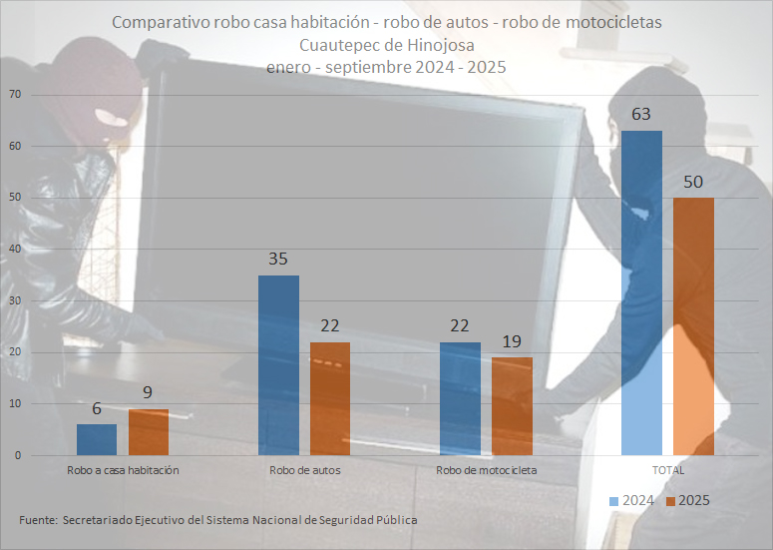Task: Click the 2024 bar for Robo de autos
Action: point(278,365)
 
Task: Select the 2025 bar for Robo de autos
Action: point(330,398)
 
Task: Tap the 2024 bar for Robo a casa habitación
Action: point(97,439)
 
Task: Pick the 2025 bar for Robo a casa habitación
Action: point(149,431)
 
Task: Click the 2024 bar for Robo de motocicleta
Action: point(460,398)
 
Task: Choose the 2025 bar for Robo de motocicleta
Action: point(512,406)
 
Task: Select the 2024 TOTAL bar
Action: point(641,292)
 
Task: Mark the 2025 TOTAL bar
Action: point(693,326)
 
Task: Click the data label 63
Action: point(641,114)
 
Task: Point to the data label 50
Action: point(693,182)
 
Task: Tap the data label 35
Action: point(278,259)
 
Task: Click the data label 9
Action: point(149,392)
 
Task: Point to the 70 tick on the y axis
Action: point(15,95)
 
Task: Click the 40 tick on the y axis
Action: point(15,250)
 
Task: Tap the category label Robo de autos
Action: point(304,469)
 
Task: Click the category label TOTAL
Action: point(668,469)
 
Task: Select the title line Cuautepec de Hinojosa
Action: point(386,45)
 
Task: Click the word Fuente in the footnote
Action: point(37,520)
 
